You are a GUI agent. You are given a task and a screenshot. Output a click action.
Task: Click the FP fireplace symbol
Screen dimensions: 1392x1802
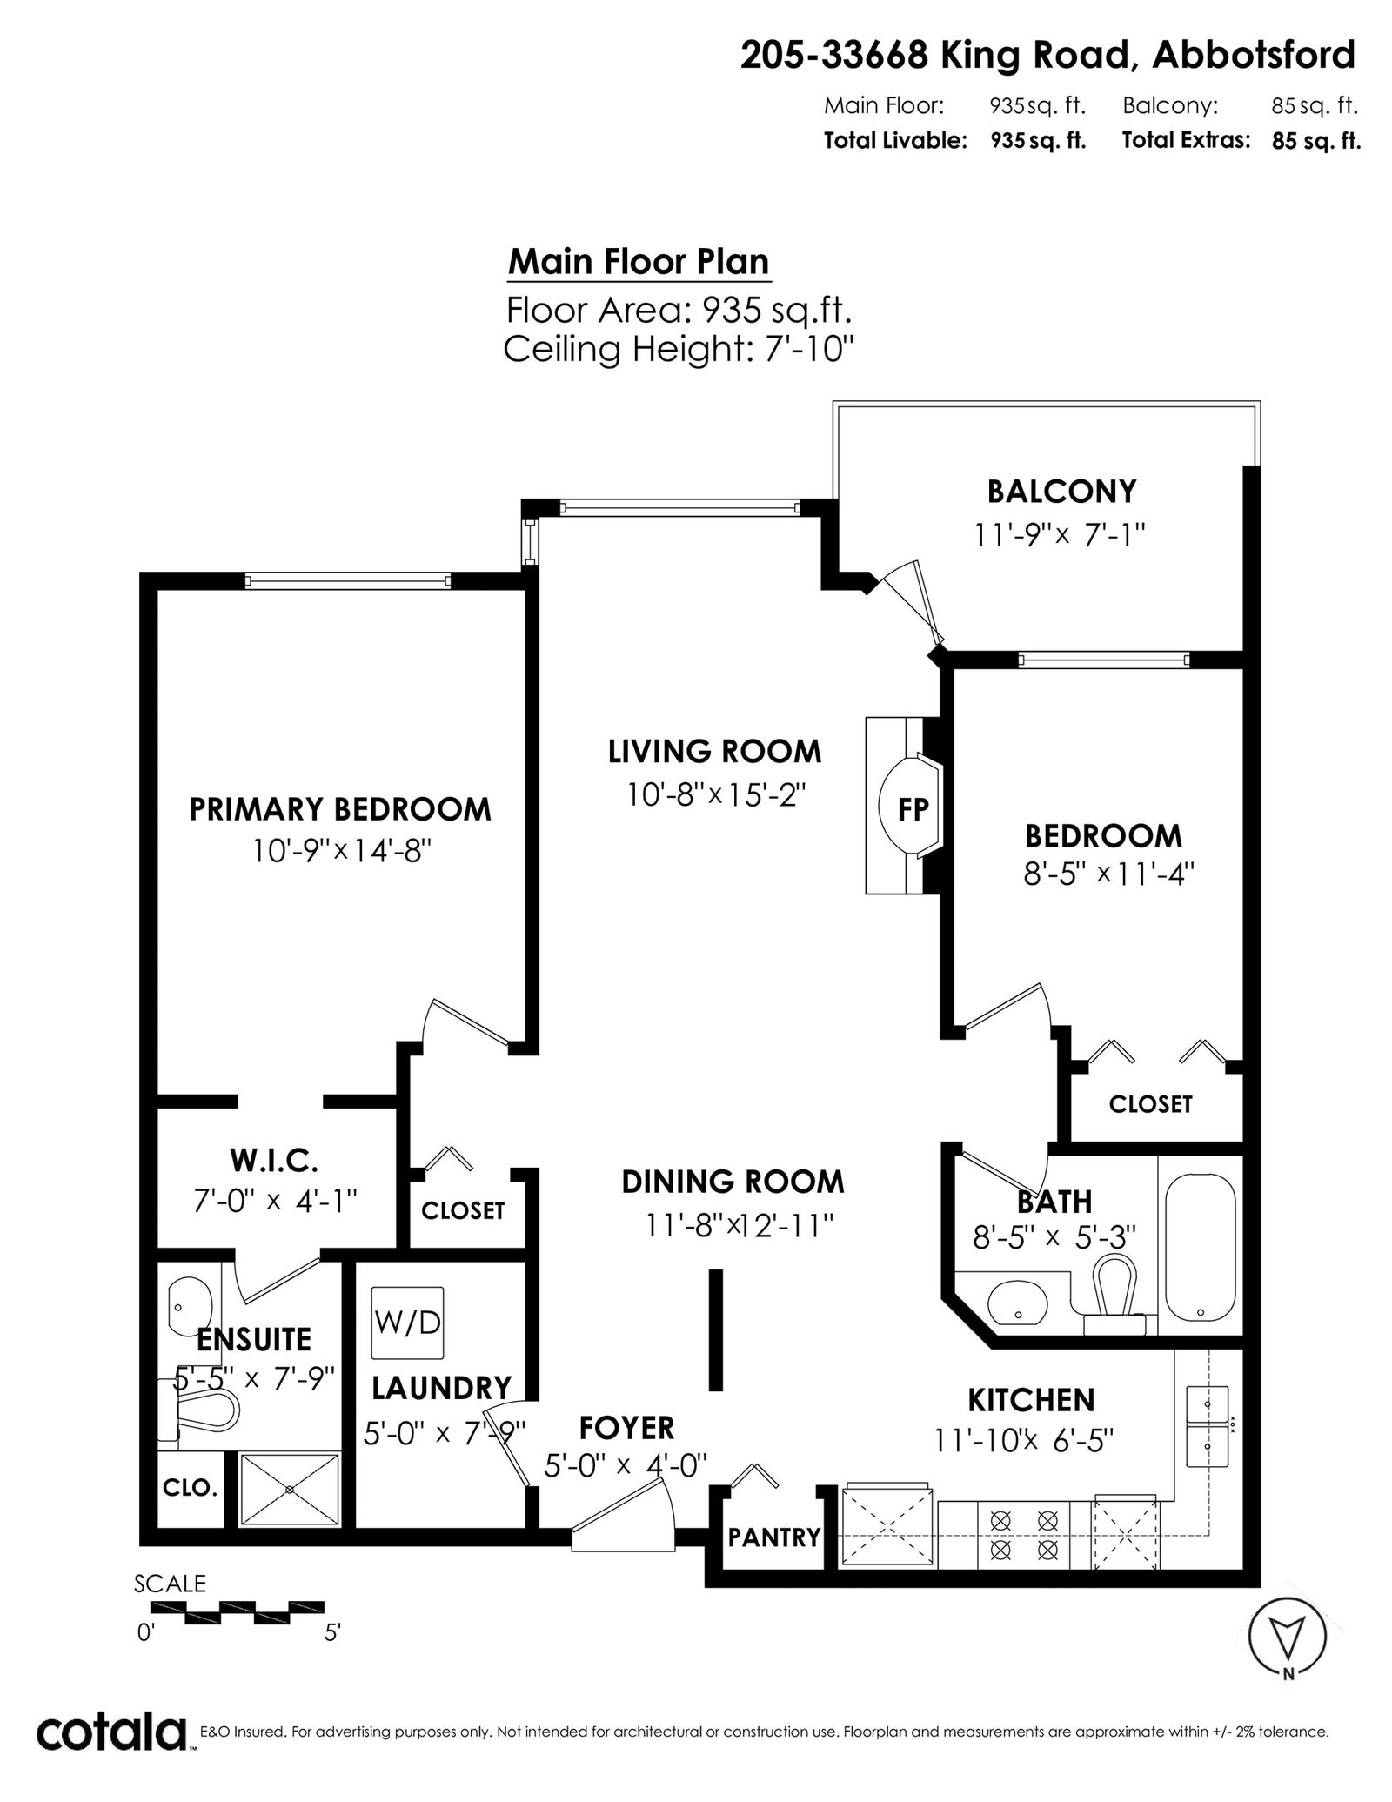click(905, 806)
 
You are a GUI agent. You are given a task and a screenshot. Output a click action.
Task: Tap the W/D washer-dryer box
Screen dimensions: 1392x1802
click(407, 1323)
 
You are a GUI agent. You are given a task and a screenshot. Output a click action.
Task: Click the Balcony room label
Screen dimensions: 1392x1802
click(1061, 492)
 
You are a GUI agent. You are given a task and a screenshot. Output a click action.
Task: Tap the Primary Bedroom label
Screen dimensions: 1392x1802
click(340, 809)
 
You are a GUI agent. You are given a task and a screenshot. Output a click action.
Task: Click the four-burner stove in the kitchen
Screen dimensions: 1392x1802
click(1024, 1534)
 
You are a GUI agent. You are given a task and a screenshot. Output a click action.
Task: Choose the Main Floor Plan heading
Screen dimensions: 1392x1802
click(639, 262)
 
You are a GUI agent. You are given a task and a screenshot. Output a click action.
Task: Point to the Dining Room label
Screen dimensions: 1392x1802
click(733, 1182)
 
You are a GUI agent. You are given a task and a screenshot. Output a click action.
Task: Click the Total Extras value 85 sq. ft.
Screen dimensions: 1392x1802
click(1316, 141)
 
